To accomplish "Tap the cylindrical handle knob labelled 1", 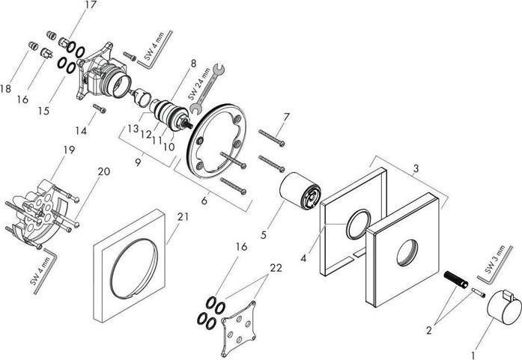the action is point(504,307).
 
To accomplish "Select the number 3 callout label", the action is point(416,169).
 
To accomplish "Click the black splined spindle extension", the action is point(456,279).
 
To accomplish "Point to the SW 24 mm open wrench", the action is point(207,89).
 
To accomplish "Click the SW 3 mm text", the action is point(495,259).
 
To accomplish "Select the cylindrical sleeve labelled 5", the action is point(300,192).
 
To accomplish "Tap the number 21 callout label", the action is point(183,217).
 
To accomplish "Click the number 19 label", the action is point(69,150).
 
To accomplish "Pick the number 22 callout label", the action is point(276,268).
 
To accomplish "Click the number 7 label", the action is point(286,117).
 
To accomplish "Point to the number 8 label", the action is point(193,63).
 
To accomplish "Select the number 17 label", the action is point(90,4).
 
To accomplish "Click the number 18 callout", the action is point(6,89).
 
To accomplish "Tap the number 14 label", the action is point(81,131).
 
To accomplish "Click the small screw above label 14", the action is point(99,108).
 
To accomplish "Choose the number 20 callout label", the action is point(104,171).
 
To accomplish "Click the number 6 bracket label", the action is point(204,201).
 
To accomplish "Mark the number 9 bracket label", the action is point(138,162).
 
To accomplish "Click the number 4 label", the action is point(303,258).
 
